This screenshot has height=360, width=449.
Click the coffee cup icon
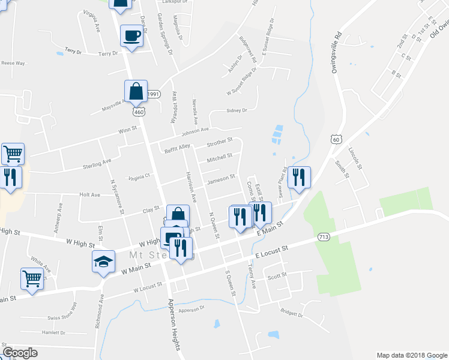(131, 36)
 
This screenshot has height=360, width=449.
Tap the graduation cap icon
(103, 262)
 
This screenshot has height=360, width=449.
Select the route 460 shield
(139, 112)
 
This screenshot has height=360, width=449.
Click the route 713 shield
(324, 237)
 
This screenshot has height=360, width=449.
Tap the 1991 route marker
(154, 94)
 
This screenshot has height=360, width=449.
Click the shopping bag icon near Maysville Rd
(136, 92)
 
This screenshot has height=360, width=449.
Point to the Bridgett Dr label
(292, 313)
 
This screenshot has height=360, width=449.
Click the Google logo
(20, 353)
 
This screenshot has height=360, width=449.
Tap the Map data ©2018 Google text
(411, 355)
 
